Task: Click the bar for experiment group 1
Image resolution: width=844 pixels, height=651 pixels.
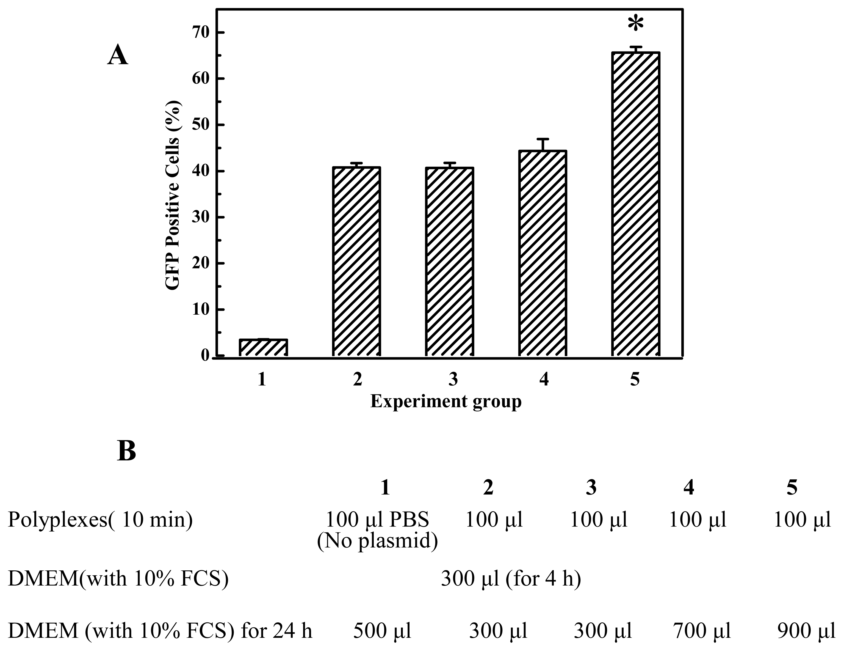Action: point(263,347)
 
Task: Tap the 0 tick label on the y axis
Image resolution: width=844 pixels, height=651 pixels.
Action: point(205,356)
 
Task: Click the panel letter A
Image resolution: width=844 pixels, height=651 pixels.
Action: point(117,55)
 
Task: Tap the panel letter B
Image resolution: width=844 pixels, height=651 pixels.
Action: point(126,451)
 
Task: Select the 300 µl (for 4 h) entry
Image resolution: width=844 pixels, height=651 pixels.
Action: point(511,579)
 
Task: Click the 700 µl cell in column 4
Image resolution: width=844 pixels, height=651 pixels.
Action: point(702,631)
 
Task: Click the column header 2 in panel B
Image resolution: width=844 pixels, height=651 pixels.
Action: point(488,488)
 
